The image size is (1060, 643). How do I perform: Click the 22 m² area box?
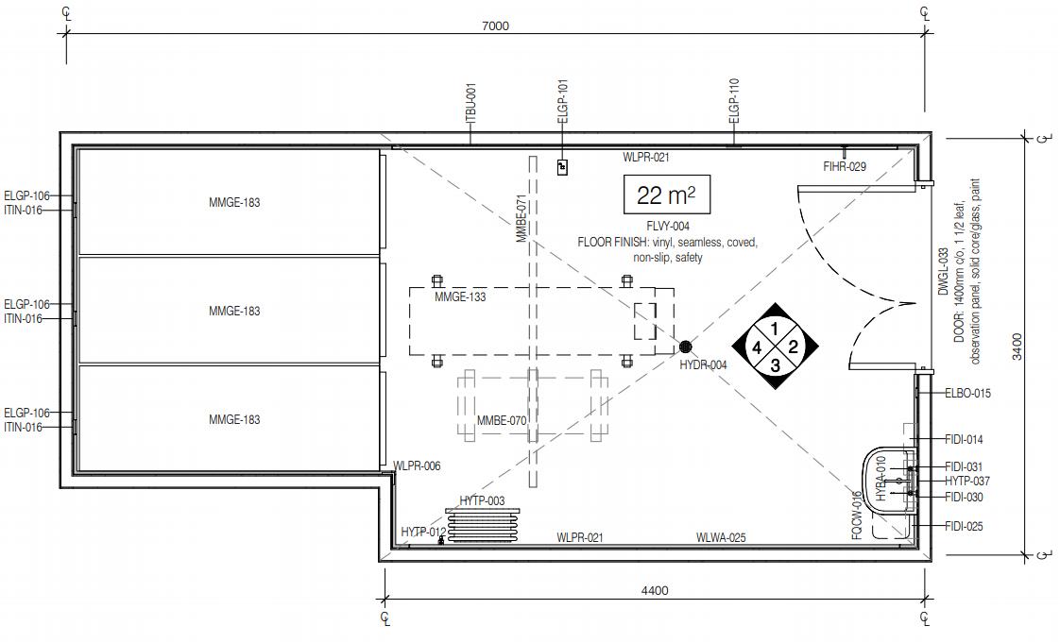pos(666,195)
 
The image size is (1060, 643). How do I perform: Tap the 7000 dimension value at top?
pos(495,25)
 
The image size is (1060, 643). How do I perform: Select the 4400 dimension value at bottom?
pos(654,591)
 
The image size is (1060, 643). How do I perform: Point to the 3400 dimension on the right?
pos(1017,346)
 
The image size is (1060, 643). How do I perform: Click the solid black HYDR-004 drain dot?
pos(686,347)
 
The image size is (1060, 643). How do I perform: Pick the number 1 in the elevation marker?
pos(775,329)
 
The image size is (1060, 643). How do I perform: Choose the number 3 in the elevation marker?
pos(775,364)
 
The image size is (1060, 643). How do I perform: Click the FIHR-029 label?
pos(845,167)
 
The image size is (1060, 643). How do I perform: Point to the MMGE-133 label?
pos(460,297)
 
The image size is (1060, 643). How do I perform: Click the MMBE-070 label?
pos(502,420)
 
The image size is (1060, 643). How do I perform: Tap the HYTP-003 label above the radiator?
pos(482,500)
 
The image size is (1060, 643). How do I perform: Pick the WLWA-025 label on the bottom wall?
pos(721,538)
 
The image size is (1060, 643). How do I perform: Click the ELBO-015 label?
pos(967,393)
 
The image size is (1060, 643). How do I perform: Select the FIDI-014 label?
pos(964,440)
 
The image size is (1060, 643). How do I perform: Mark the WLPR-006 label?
pos(417,466)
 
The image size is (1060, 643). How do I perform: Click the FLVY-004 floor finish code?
pos(667,227)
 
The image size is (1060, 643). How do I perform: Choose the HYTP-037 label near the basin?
pos(967,482)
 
